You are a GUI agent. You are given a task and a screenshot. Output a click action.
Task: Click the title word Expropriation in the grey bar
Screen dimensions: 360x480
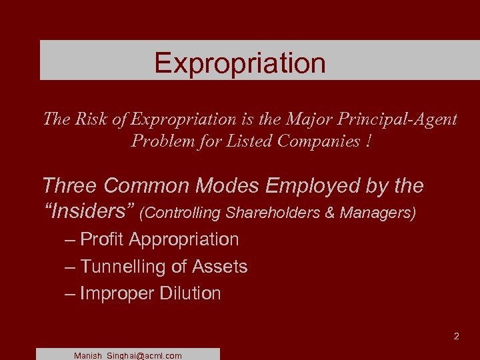tap(240, 63)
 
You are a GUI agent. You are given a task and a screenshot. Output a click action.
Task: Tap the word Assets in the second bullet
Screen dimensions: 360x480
tap(219, 267)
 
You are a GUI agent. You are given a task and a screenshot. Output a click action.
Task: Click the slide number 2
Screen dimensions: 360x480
tap(456, 336)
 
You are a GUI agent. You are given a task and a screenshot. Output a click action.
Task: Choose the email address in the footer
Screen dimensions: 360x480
tap(128, 355)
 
